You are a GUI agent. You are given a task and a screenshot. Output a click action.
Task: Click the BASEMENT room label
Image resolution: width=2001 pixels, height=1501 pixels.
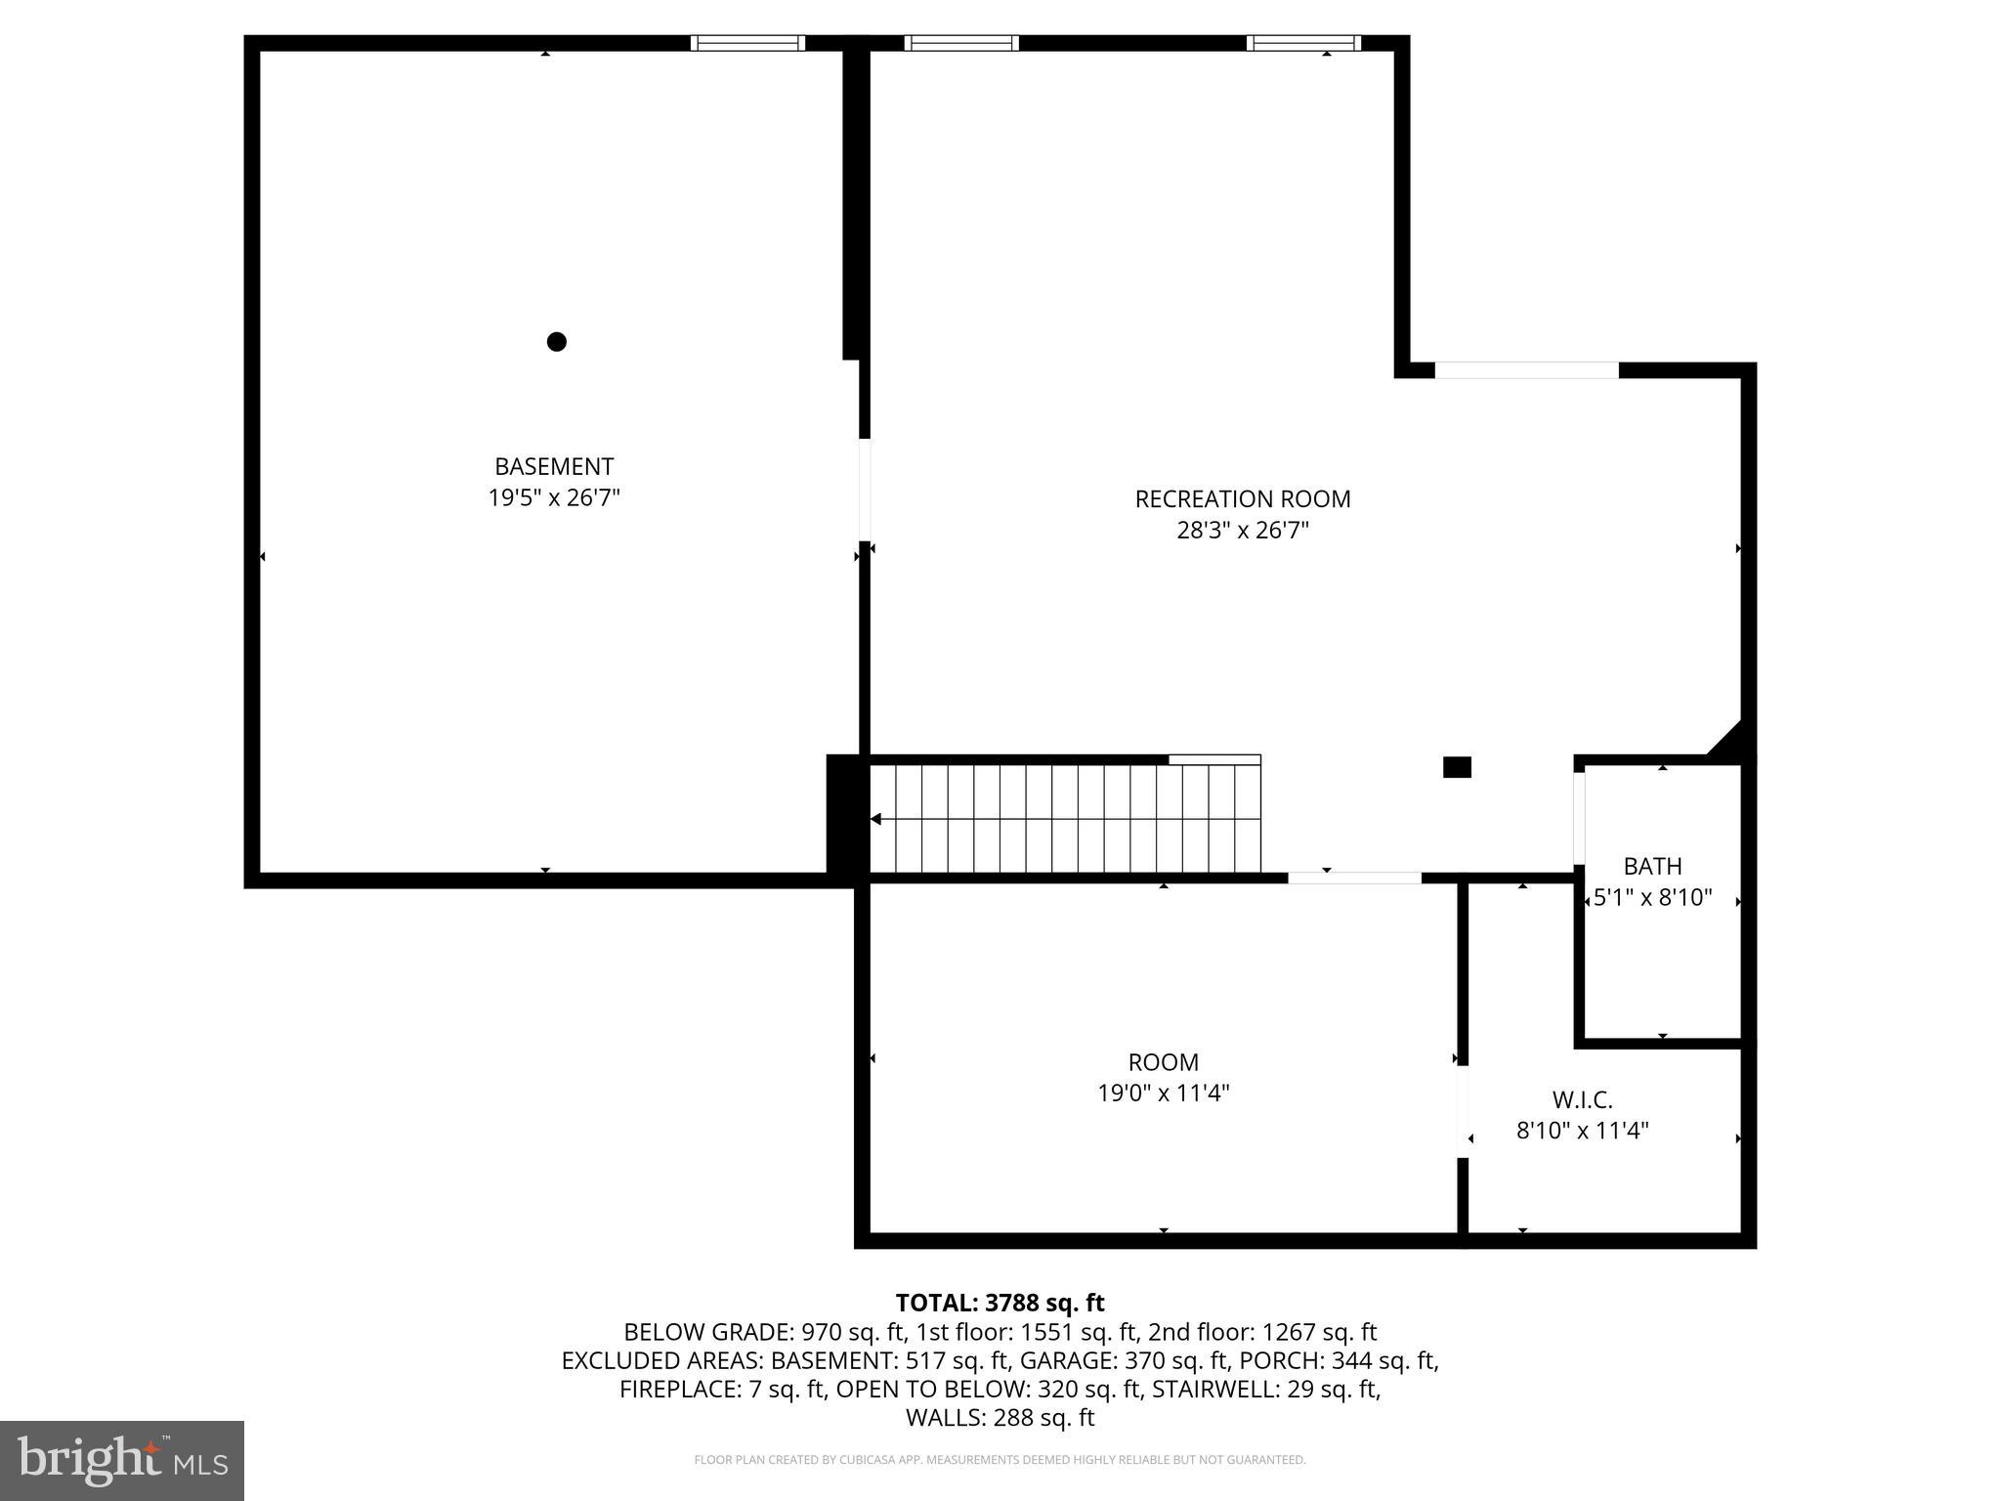pos(553,466)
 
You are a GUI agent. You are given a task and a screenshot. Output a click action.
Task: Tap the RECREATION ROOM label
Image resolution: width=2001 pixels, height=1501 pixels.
pos(1242,498)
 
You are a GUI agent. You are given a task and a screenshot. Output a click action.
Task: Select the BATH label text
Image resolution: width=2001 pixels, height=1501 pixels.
pos(1652,866)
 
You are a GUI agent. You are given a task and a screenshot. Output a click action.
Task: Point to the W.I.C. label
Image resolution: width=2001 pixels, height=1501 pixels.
pos(1582,1100)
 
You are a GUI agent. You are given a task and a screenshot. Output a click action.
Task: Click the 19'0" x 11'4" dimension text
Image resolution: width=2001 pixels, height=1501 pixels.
pos(1163,1093)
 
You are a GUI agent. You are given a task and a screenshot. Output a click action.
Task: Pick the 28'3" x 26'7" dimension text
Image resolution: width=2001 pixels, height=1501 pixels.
pos(1242,531)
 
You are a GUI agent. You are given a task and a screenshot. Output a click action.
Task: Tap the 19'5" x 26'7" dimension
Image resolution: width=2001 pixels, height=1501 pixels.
pos(553,498)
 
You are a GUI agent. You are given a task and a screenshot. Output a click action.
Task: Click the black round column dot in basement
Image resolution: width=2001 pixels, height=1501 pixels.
pos(557,341)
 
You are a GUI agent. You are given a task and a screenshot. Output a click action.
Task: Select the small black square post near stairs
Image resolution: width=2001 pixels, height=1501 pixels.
pos(1457,767)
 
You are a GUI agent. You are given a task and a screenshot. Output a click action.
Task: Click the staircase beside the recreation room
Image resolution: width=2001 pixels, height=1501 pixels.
pos(1065,819)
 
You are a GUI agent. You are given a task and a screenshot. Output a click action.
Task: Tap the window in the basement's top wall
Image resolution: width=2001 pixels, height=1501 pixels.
pos(747,43)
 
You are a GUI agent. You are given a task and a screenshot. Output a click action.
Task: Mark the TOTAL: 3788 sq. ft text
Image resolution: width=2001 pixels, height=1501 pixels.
pos(1000,1303)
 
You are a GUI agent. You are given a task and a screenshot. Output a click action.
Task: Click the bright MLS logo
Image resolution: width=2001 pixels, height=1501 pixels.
pos(122,1461)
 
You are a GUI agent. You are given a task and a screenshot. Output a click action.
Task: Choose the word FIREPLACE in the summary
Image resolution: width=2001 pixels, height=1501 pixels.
pos(679,1389)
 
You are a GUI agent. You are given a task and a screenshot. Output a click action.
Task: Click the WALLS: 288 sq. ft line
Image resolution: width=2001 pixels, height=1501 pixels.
pos(1000,1418)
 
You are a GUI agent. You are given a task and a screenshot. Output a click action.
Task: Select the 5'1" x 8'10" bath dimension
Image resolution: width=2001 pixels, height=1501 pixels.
pos(1652,897)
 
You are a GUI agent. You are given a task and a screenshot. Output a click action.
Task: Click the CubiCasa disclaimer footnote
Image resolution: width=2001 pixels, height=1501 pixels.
pos(1000,1460)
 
